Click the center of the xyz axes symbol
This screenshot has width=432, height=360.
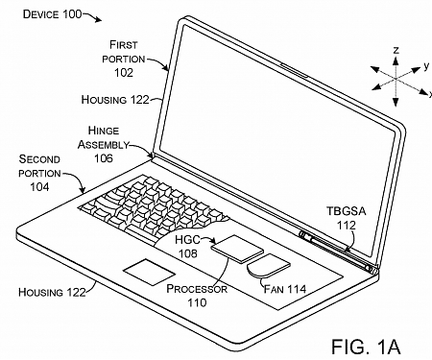pyautogui.click(x=394, y=72)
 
